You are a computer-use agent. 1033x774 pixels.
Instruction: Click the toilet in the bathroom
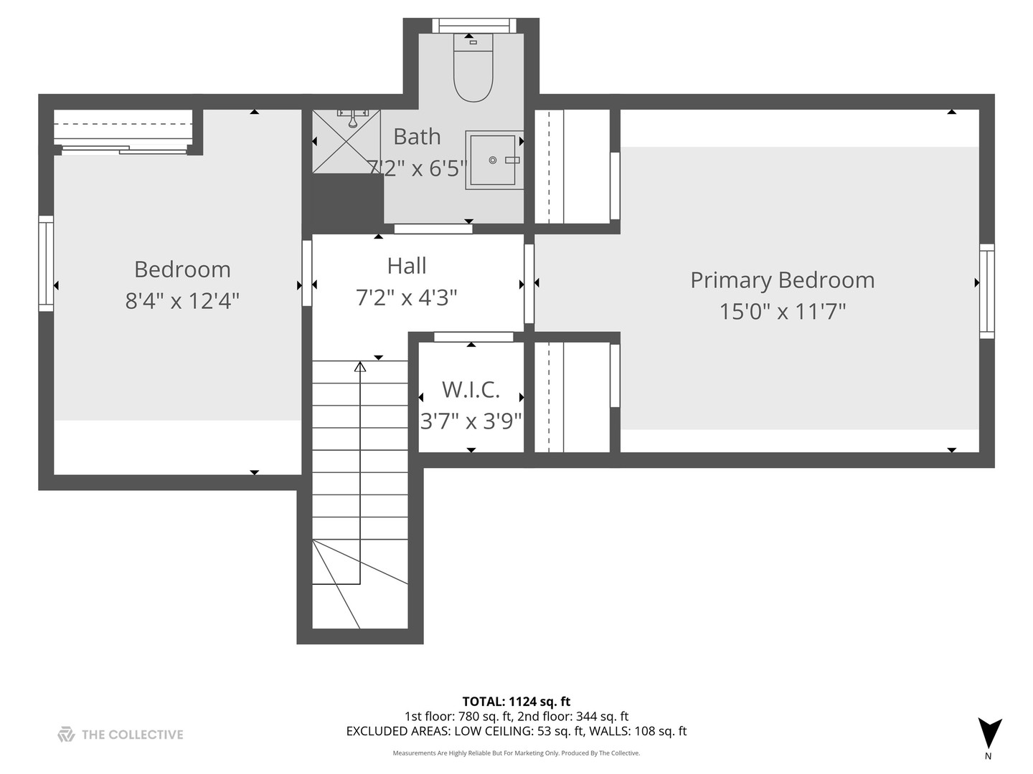coord(473,68)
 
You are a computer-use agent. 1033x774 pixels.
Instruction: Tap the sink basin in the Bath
coord(493,160)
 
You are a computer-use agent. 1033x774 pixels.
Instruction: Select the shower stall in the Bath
coord(346,141)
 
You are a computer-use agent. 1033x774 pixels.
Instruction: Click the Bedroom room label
coord(182,269)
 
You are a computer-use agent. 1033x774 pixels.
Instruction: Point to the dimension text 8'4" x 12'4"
coord(182,300)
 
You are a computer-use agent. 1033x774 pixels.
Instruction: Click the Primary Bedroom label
coord(782,280)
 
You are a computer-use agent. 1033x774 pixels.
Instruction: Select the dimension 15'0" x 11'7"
coord(782,312)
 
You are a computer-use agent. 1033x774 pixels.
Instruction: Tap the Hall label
coord(407,266)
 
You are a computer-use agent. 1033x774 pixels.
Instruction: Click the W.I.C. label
coord(471,389)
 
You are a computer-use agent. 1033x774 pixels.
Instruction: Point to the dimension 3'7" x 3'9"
coord(471,421)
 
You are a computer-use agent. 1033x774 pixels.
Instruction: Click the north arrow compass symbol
coord(989,733)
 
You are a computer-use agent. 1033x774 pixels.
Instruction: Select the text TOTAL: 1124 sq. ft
coord(516,702)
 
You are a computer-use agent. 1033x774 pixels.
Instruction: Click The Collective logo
coord(121,734)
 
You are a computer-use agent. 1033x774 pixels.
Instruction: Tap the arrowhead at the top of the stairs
coord(360,367)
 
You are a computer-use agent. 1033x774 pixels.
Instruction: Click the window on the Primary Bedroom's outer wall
coord(987,290)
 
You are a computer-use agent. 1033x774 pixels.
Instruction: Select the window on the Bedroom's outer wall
coord(46,263)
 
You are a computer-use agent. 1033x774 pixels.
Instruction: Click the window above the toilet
coord(473,25)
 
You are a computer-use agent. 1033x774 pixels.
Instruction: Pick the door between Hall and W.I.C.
coord(473,337)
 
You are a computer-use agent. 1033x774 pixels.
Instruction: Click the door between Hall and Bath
coord(433,229)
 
